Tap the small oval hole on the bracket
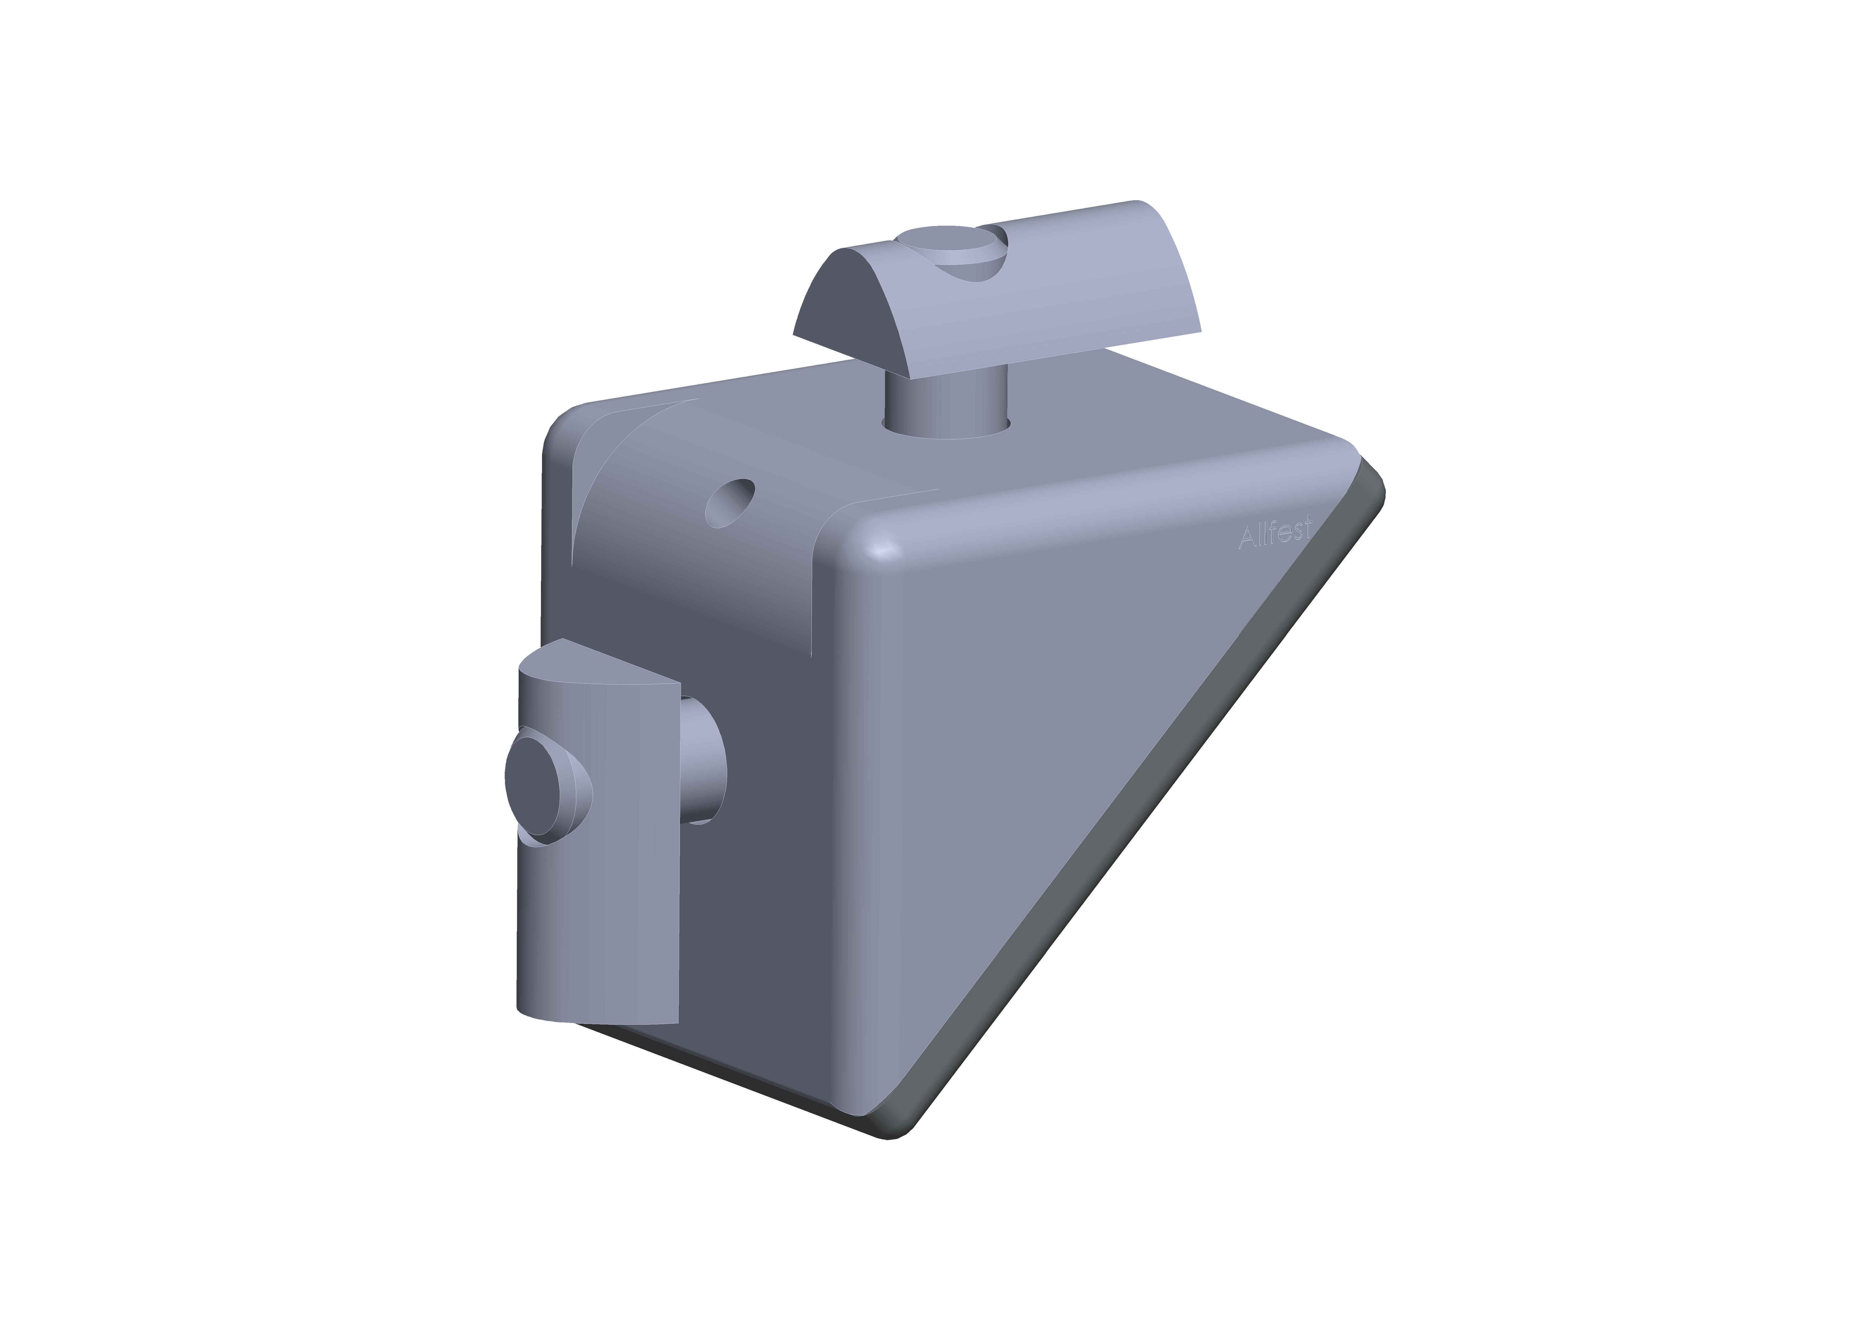pos(730,503)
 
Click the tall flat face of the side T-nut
pos(625,893)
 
